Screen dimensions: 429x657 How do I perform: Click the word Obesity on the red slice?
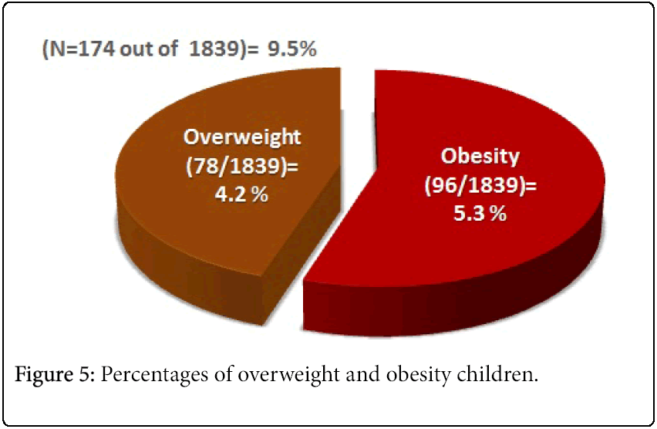[480, 157]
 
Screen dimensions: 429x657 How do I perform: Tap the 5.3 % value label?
[480, 214]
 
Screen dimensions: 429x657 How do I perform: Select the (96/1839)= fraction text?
[480, 185]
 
